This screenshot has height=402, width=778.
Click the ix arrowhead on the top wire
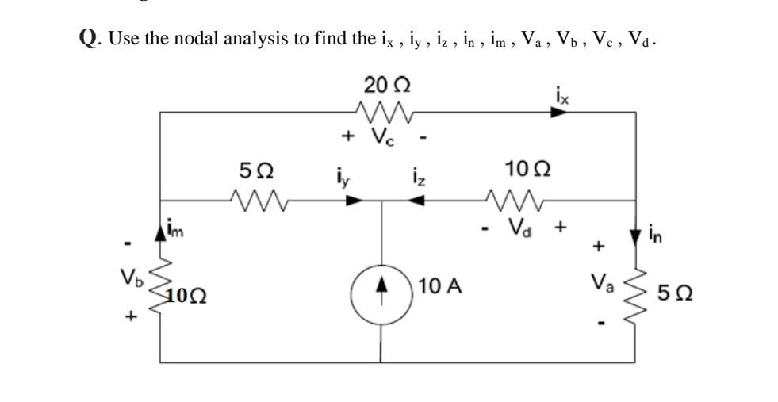point(560,113)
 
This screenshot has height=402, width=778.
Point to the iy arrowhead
point(355,201)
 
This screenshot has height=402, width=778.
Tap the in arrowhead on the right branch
point(635,235)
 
